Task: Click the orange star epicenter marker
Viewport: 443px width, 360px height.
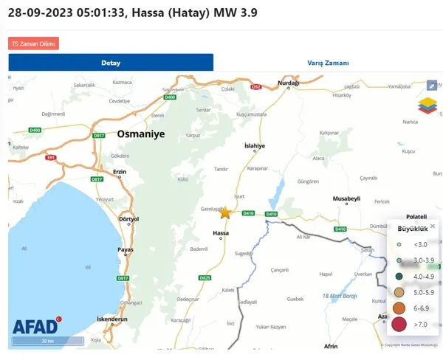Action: coord(225,212)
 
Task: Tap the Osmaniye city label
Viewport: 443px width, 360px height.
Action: coord(140,134)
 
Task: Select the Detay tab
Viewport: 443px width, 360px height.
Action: coord(111,63)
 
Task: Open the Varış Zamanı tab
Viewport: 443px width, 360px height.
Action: coord(329,63)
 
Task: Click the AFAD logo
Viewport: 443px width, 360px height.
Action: coord(35,327)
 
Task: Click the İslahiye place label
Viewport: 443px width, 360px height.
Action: coord(255,146)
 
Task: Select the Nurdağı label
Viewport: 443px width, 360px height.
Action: coord(287,83)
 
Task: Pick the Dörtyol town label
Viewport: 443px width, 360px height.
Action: coord(128,219)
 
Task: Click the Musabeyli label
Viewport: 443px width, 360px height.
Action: coord(346,199)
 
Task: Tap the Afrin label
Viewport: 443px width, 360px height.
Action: coord(331,345)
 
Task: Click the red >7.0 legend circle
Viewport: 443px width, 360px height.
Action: coord(399,324)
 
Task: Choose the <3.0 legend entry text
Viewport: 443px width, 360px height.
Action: coord(421,243)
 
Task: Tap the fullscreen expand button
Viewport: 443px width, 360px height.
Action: coord(432,85)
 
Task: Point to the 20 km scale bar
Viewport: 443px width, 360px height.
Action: coord(47,342)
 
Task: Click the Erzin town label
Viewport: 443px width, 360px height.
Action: coord(120,173)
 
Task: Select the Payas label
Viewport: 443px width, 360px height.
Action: coord(126,250)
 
